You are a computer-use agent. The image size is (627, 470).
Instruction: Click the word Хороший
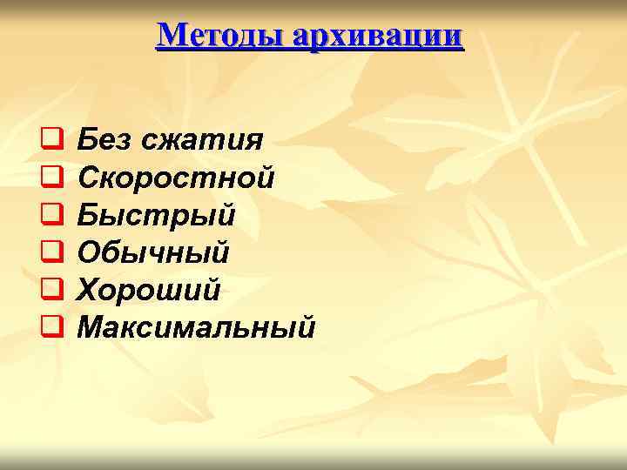[x=149, y=290]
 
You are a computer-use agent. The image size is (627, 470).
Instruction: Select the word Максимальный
[x=196, y=327]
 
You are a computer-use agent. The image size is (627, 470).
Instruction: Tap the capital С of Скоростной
[x=89, y=178]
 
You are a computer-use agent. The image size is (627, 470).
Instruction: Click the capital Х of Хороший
[x=89, y=290]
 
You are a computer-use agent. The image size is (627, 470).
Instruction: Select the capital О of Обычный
[x=89, y=252]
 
